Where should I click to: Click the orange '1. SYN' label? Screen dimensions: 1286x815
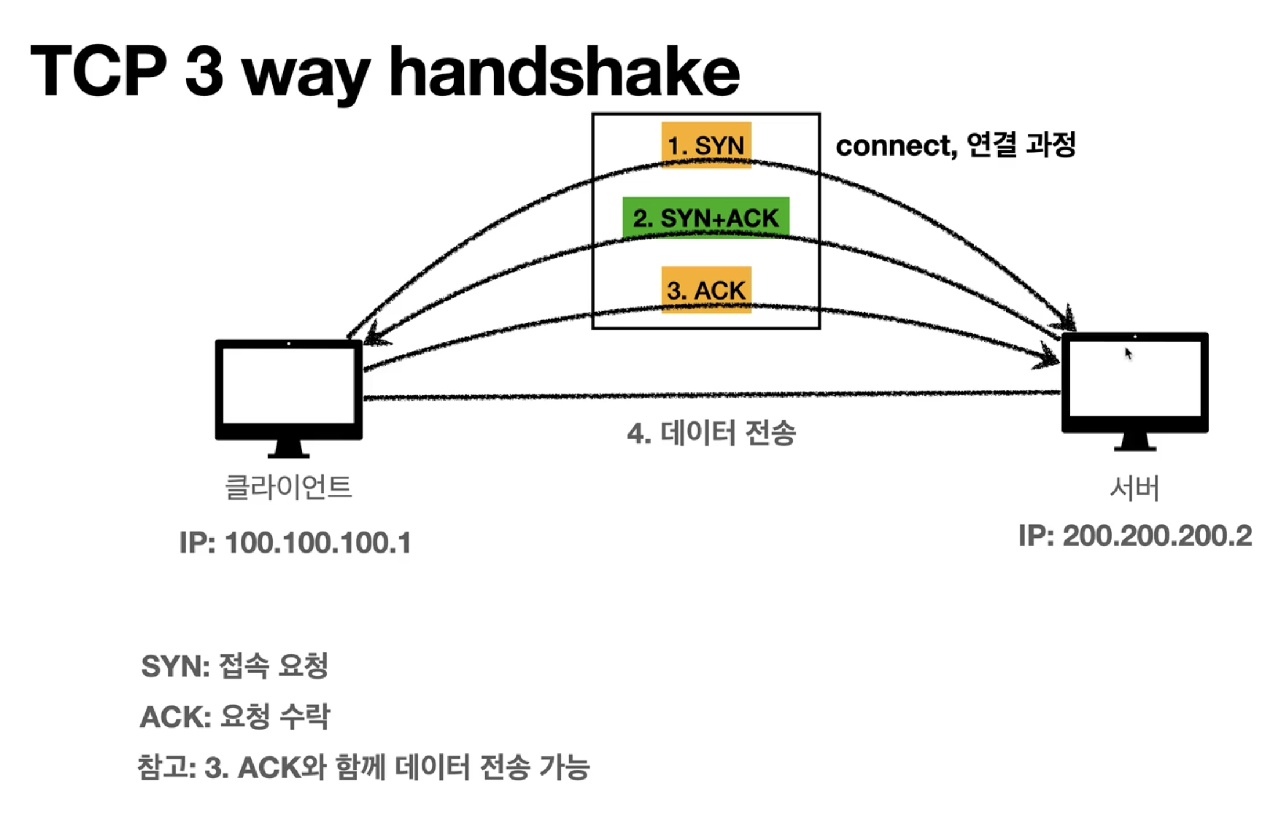(x=706, y=145)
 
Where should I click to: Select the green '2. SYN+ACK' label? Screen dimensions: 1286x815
(x=706, y=218)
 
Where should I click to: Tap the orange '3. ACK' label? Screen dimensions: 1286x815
(x=706, y=290)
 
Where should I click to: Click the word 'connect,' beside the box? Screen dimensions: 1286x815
(x=896, y=146)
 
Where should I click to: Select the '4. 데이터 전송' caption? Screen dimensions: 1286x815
(x=711, y=433)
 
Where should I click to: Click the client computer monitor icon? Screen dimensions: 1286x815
(x=288, y=398)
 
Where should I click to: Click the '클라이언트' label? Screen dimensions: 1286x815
(x=288, y=486)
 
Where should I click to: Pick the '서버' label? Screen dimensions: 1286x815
(x=1135, y=488)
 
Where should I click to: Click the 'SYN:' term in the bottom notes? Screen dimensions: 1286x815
(x=175, y=666)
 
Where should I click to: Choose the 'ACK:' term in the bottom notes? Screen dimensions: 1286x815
(x=175, y=717)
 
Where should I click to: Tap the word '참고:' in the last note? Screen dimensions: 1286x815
(x=167, y=767)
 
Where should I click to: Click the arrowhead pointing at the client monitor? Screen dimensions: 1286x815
(x=376, y=335)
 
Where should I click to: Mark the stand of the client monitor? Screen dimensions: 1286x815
(x=288, y=449)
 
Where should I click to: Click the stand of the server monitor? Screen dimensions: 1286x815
(x=1135, y=442)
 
